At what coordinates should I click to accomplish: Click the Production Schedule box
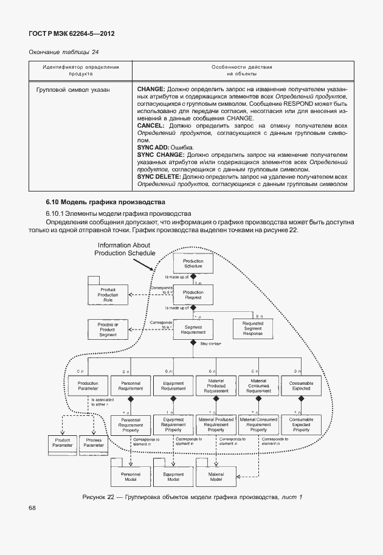coord(193,263)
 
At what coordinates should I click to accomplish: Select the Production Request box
coord(193,295)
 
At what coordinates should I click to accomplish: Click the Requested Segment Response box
coord(253,329)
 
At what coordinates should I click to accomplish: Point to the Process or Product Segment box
coord(108,329)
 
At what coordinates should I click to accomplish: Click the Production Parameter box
coord(88,387)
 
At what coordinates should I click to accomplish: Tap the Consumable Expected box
coord(297,387)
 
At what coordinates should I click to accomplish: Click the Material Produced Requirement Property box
coord(216,424)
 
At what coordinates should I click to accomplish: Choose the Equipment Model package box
coord(173,477)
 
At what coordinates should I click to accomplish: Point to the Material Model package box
coord(216,477)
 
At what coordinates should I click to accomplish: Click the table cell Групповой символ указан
coord(73,89)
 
